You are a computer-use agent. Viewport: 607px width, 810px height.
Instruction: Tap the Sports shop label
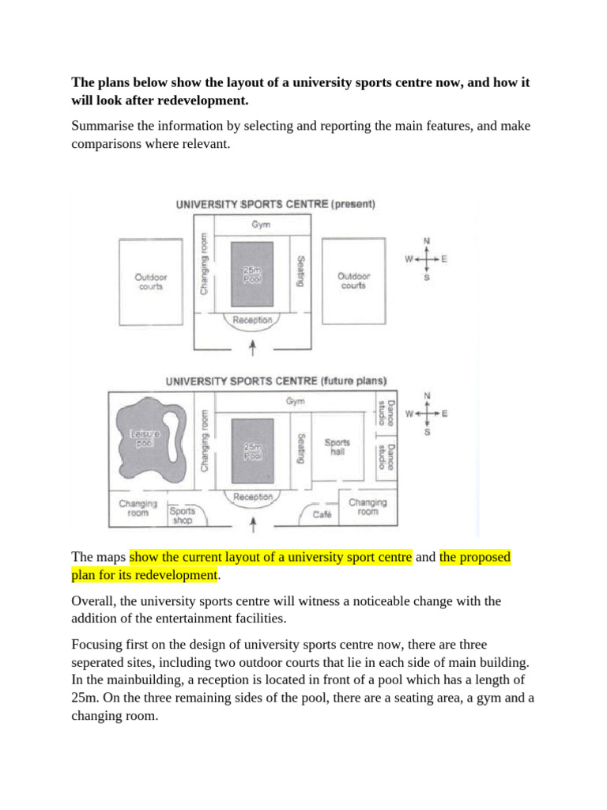pyautogui.click(x=182, y=515)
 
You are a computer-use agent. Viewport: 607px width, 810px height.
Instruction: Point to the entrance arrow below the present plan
pyautogui.click(x=252, y=346)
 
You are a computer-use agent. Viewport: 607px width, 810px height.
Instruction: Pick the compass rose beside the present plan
pyautogui.click(x=427, y=259)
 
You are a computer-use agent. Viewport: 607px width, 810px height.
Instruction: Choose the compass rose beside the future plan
pyautogui.click(x=427, y=413)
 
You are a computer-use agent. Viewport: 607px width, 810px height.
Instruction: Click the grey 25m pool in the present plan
pyautogui.click(x=252, y=274)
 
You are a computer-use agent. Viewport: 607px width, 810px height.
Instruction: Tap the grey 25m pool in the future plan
pyautogui.click(x=252, y=452)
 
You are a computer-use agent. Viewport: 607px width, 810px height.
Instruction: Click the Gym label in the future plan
pyautogui.click(x=295, y=402)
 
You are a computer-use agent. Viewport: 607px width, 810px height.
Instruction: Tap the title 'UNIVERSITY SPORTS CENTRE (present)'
pyautogui.click(x=275, y=204)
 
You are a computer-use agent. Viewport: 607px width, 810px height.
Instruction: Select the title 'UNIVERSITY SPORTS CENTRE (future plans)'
pyautogui.click(x=275, y=380)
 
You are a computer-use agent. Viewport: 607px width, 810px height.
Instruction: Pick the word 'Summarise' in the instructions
pyautogui.click(x=101, y=127)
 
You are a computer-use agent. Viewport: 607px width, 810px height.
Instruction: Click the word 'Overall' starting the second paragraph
pyautogui.click(x=94, y=602)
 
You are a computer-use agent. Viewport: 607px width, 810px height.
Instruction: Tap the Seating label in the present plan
pyautogui.click(x=300, y=271)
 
